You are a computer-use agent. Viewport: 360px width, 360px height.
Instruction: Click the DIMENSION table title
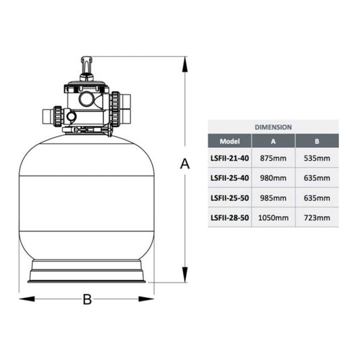tap(274, 127)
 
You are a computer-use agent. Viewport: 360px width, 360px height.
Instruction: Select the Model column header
tap(230, 141)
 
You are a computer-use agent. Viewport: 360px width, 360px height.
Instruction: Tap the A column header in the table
tap(274, 141)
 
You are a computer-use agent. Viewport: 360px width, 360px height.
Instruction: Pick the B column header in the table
tap(317, 141)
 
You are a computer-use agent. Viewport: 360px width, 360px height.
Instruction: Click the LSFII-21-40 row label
tap(230, 158)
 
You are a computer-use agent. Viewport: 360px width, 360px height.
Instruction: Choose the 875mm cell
tap(274, 158)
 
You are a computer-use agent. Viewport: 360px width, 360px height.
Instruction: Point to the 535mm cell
tap(317, 158)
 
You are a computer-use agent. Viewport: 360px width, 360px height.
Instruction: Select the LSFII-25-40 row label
tap(230, 178)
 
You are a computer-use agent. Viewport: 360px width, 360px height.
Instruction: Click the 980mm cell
tap(274, 178)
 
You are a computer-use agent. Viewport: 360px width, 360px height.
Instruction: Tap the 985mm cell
tap(274, 198)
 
